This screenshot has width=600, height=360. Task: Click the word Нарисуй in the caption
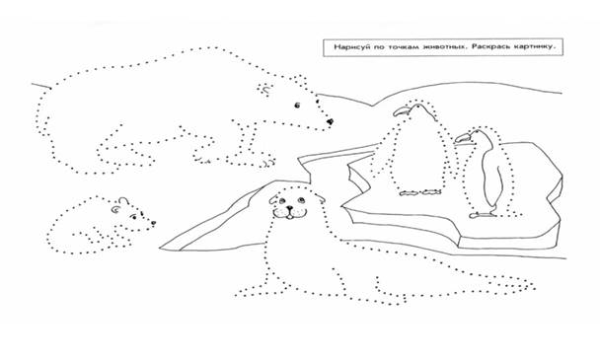coord(349,47)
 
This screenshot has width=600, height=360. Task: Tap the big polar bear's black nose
coord(331,122)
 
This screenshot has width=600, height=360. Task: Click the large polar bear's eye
coord(297,106)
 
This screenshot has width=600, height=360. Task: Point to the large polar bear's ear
coord(264,89)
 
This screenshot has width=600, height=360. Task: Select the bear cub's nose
coord(153,223)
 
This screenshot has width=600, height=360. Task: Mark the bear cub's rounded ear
coord(123,201)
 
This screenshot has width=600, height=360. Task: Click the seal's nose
coord(290,209)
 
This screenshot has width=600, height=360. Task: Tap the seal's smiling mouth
coord(290,215)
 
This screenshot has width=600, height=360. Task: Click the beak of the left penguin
coord(401,111)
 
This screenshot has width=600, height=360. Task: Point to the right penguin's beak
coord(463,138)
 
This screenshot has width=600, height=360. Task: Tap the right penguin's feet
coord(483,215)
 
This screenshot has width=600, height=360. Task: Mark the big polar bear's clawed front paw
coord(264,163)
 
